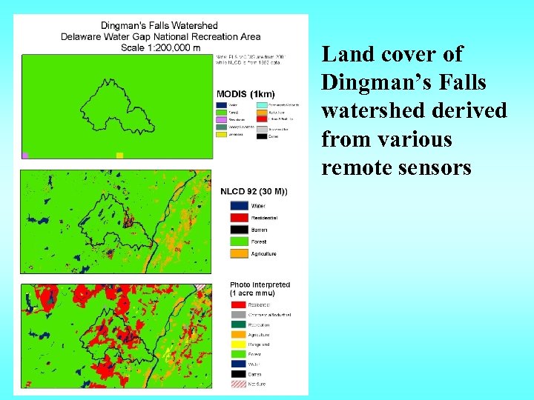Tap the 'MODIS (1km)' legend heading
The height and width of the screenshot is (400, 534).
pyautogui.click(x=245, y=94)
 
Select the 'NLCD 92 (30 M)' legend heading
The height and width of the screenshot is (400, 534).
pyautogui.click(x=254, y=192)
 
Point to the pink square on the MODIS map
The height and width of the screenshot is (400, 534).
pyautogui.click(x=25, y=156)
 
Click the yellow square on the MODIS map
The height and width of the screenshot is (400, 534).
pyautogui.click(x=119, y=155)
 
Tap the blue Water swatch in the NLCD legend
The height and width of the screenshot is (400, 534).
pyautogui.click(x=237, y=206)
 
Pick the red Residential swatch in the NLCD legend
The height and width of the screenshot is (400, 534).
pyautogui.click(x=237, y=218)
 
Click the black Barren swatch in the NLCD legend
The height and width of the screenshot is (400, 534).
pyautogui.click(x=237, y=230)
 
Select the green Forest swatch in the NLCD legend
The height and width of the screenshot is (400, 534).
pyautogui.click(x=237, y=241)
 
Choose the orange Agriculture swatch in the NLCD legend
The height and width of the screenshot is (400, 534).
pyautogui.click(x=237, y=253)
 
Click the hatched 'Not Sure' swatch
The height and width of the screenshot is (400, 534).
pyautogui.click(x=237, y=384)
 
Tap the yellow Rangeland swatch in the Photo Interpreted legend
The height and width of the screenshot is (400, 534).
pyautogui.click(x=237, y=344)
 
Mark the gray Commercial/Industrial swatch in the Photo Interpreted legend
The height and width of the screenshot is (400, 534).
pyautogui.click(x=237, y=315)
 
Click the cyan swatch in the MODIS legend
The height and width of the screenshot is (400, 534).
pyautogui.click(x=261, y=105)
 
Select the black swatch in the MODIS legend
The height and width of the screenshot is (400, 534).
pyautogui.click(x=261, y=136)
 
